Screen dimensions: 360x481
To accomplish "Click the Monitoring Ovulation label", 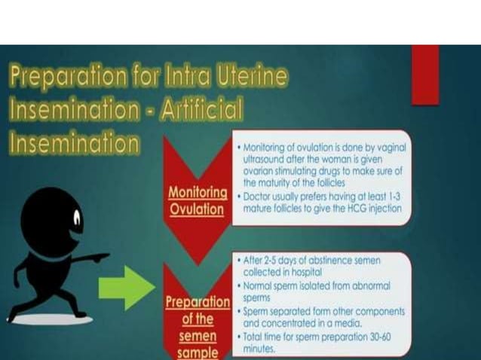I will (x=197, y=200).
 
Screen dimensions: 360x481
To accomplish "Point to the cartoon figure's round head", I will (x=52, y=219).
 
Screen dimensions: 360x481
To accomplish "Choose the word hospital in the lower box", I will (x=320, y=271).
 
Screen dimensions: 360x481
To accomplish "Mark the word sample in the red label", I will (x=197, y=352).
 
